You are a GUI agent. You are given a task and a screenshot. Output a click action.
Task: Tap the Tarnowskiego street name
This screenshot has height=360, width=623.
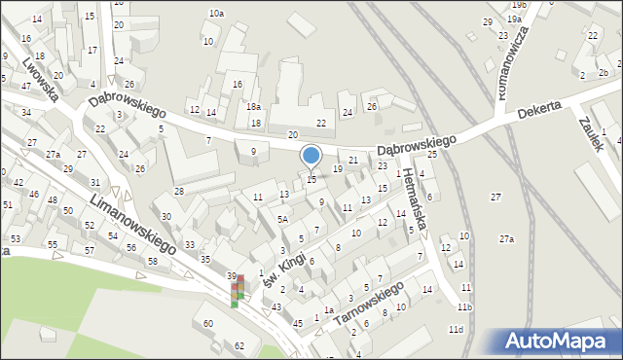(367, 305)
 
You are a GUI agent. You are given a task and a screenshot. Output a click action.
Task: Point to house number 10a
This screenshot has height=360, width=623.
(216, 14)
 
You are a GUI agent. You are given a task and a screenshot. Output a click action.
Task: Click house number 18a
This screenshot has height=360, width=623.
(253, 107)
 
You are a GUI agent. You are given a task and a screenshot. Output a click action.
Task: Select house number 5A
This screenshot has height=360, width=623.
(282, 220)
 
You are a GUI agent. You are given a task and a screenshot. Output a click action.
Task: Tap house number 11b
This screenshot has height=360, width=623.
(465, 307)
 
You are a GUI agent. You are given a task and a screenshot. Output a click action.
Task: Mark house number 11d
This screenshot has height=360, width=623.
(456, 330)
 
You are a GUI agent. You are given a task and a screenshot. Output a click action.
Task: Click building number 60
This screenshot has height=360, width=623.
(207, 323)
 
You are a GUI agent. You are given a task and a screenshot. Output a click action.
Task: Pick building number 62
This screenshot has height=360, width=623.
(239, 346)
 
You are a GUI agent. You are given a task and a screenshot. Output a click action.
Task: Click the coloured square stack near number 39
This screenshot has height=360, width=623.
(237, 290)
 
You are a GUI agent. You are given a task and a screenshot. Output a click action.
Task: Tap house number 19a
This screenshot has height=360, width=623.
(513, 18)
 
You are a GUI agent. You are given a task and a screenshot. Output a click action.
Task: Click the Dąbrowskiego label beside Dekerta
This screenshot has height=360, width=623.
(417, 142)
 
